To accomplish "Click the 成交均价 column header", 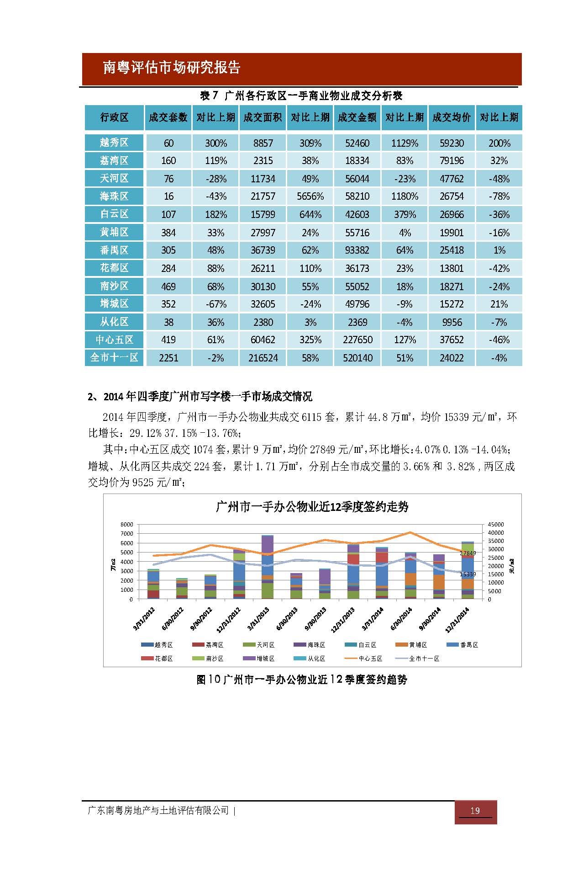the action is pos(452,117).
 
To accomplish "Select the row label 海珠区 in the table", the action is pos(114,197).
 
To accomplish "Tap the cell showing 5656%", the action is pos(310,197).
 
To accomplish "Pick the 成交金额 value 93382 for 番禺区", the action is pos(357,250).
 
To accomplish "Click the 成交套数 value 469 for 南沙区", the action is pos(168,287).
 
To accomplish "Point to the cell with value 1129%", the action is pos(405,143).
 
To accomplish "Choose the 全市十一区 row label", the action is pos(114,358).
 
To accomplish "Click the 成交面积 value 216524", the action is pos(263,358).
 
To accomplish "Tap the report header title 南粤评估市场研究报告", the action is pos(172,68).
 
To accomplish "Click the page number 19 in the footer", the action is pos(475,811).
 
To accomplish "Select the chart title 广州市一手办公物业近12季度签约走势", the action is pos(312,507).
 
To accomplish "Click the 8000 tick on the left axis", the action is pos(127,524).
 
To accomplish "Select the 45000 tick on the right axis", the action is pos(496,524).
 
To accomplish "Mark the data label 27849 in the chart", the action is pos(468,553).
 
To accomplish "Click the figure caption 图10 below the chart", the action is pos(302,680).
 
